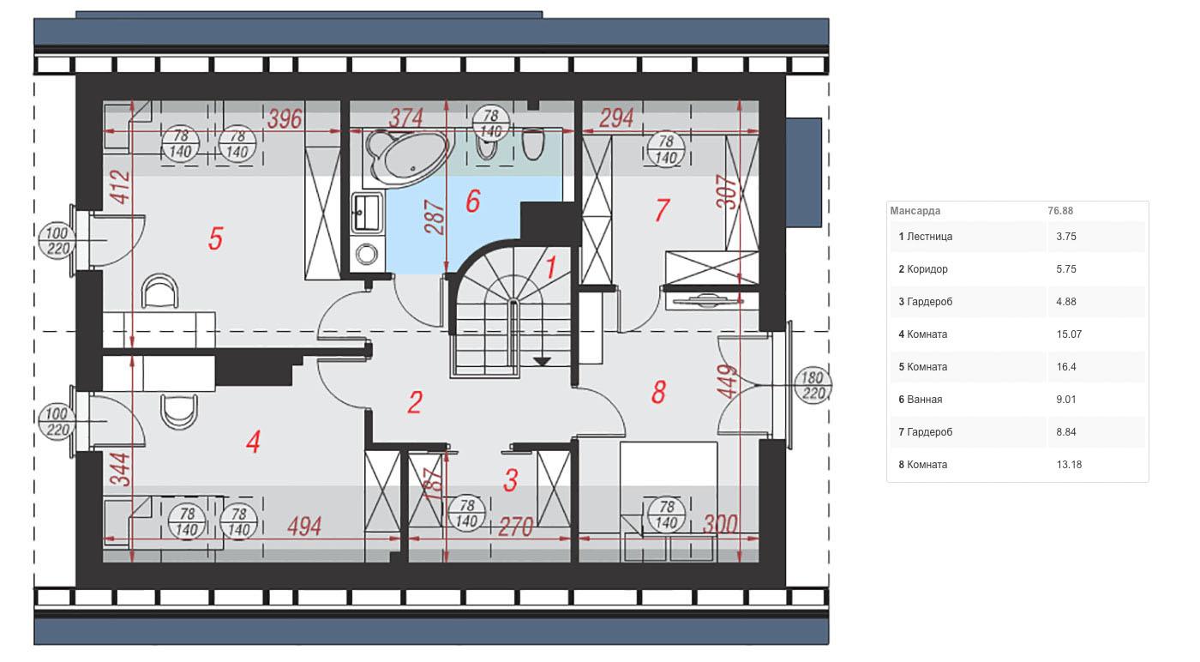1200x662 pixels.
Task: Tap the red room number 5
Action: pyautogui.click(x=215, y=238)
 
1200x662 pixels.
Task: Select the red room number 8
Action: pyautogui.click(x=658, y=392)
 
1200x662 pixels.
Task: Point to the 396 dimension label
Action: pyautogui.click(x=285, y=118)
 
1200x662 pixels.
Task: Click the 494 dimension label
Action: pyautogui.click(x=304, y=527)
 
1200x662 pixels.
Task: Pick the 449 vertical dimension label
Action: pyautogui.click(x=727, y=381)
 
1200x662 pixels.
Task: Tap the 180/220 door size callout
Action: pyautogui.click(x=813, y=385)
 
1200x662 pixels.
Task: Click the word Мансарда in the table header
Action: pyautogui.click(x=915, y=211)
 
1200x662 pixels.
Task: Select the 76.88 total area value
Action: pyautogui.click(x=1060, y=211)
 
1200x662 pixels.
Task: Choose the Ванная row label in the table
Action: pyautogui.click(x=925, y=400)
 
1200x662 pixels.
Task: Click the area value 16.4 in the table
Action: pyautogui.click(x=1066, y=367)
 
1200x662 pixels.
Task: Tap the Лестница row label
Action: pyautogui.click(x=929, y=237)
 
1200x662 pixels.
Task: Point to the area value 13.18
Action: pyautogui.click(x=1069, y=464)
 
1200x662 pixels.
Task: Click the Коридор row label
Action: pyautogui.click(x=927, y=269)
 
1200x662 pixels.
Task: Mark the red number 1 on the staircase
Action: pyautogui.click(x=550, y=267)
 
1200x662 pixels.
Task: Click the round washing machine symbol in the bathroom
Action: pyautogui.click(x=367, y=254)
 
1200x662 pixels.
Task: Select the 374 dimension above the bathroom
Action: pyautogui.click(x=406, y=118)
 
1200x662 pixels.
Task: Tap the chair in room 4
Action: pyautogui.click(x=179, y=411)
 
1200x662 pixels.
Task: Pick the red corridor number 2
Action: pyautogui.click(x=415, y=402)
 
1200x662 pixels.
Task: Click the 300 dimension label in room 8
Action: pyautogui.click(x=719, y=524)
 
